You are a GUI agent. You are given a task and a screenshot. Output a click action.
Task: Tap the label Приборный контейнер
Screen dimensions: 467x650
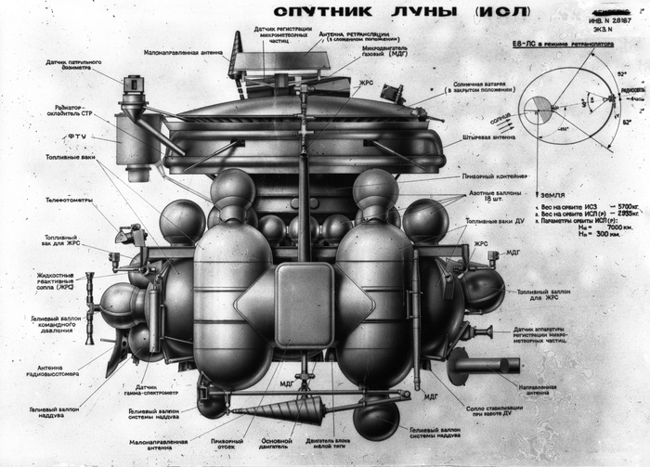[491, 177]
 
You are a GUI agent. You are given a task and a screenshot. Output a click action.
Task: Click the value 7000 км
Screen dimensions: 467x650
[581, 226]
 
